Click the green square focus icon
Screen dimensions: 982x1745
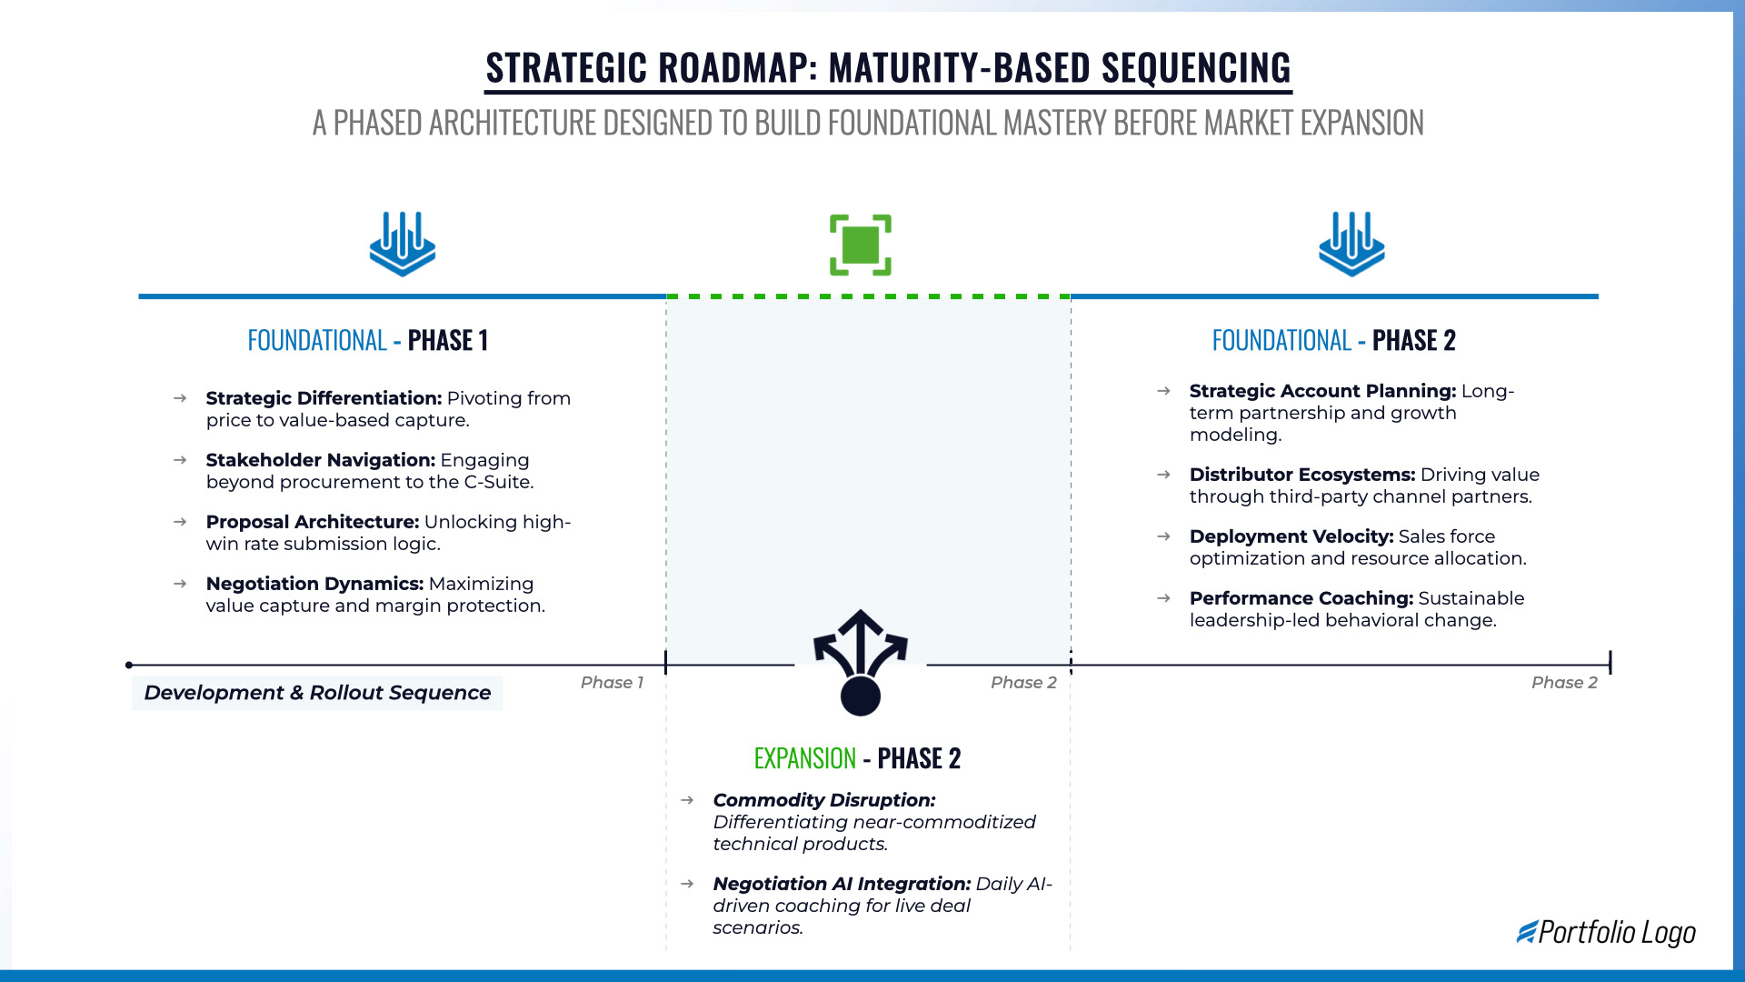point(860,245)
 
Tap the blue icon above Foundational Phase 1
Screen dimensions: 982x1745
point(403,244)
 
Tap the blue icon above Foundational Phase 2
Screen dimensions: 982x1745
point(1351,244)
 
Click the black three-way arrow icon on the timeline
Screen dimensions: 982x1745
point(860,662)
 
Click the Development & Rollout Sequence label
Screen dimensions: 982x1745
point(317,693)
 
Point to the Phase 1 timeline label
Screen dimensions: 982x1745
point(612,683)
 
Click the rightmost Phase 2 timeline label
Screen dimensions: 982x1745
point(1563,683)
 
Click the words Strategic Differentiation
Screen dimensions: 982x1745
point(324,398)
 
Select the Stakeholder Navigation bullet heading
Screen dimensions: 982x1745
point(320,460)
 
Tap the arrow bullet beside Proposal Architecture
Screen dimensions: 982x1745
point(180,522)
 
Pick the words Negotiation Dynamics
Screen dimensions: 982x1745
point(314,584)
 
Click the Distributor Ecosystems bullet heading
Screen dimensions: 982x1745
point(1301,475)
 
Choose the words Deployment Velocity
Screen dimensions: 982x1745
point(1291,536)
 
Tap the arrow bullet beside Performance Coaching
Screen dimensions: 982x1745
point(1163,598)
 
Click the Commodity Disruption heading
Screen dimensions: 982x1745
point(823,800)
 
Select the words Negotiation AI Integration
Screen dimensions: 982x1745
point(842,884)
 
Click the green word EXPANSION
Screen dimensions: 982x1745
point(804,758)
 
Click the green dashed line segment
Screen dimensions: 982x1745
point(868,296)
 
